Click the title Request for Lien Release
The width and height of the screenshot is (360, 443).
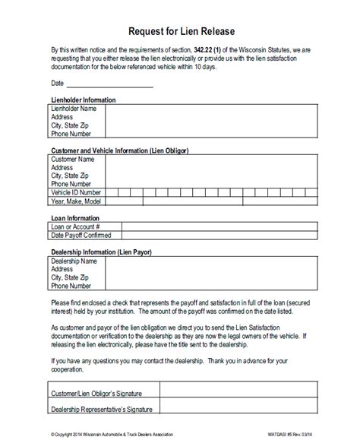click(x=180, y=31)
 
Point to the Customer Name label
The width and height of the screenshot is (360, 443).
click(x=73, y=160)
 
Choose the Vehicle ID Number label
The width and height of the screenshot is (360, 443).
click(x=76, y=193)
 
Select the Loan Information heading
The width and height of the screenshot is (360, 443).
click(x=74, y=217)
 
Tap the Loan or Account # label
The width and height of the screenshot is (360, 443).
click(x=75, y=227)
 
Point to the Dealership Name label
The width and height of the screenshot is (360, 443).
click(x=76, y=261)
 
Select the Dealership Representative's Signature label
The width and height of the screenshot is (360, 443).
click(x=105, y=411)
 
